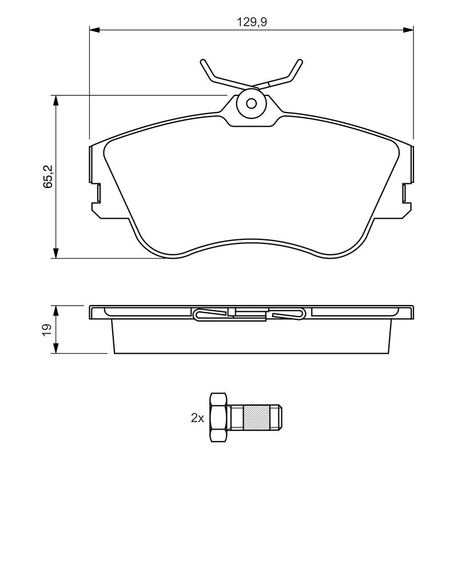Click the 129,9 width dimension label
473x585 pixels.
[252, 22]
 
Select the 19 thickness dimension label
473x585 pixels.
[47, 329]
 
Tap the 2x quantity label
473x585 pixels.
[197, 418]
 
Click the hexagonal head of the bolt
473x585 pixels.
[218, 418]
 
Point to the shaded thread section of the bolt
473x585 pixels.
[256, 418]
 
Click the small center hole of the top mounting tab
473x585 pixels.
[252, 103]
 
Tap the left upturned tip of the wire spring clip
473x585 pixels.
[203, 62]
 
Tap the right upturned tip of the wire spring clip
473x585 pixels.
[300, 62]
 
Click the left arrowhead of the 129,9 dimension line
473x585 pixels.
[94, 30]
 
